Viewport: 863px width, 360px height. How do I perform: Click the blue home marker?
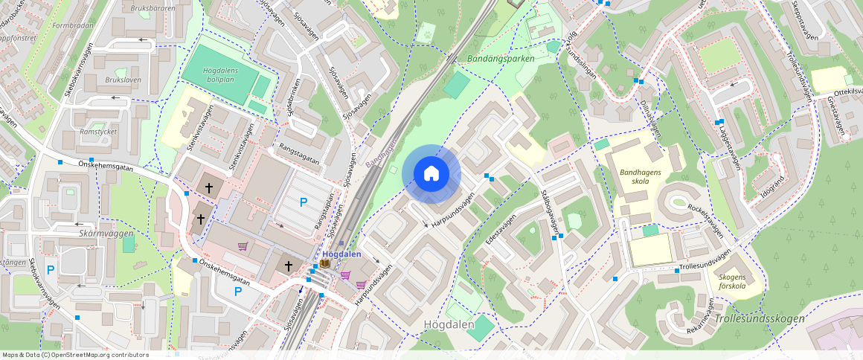(x=431, y=174)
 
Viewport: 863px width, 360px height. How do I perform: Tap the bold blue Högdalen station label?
(x=341, y=254)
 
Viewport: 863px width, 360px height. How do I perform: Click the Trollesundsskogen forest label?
(x=758, y=318)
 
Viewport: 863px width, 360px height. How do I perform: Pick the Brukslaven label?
(x=103, y=80)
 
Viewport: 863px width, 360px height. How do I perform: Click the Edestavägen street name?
(x=500, y=227)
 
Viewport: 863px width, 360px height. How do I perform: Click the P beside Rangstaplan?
(x=303, y=202)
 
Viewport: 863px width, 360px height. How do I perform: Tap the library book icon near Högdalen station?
(x=325, y=264)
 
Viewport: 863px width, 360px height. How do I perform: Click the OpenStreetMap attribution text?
(x=75, y=355)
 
